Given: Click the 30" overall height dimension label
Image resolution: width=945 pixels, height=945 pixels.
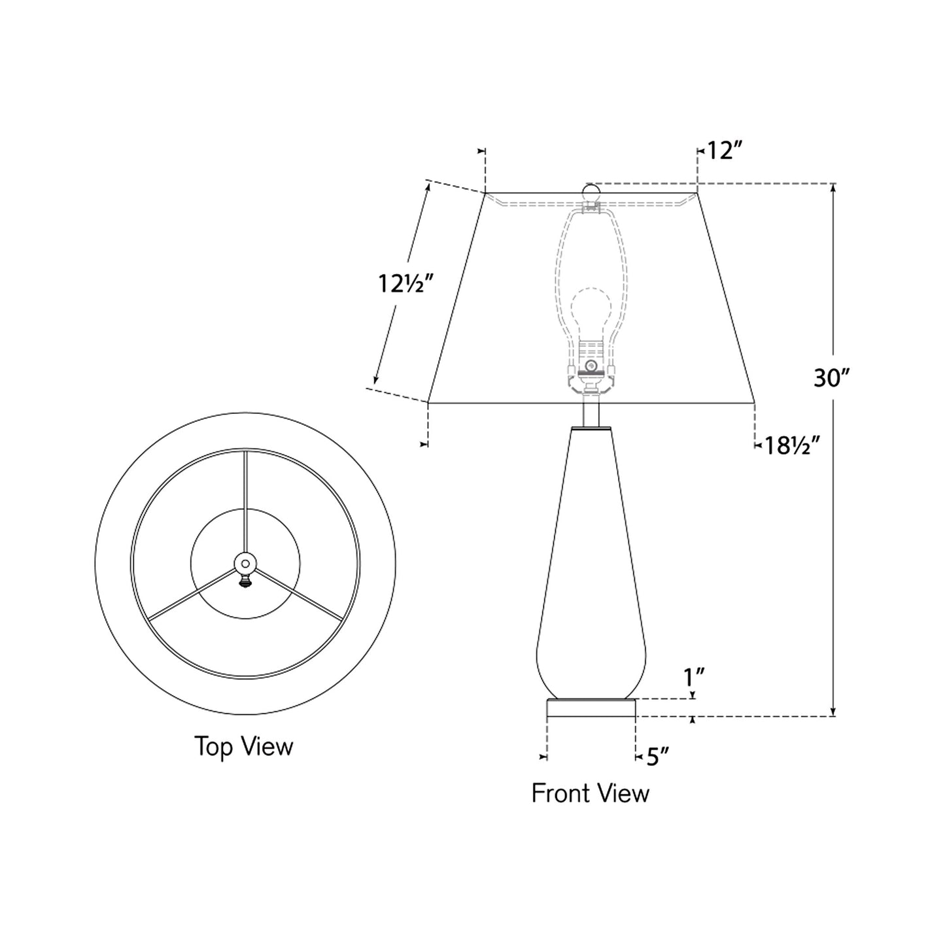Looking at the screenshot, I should pyautogui.click(x=831, y=377).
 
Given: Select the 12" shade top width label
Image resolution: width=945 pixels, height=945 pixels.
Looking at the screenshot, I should pyautogui.click(x=724, y=152).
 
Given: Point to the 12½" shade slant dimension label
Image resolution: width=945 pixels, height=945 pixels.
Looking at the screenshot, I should pyautogui.click(x=406, y=284).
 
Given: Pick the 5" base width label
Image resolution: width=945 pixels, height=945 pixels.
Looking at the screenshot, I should pyautogui.click(x=658, y=757).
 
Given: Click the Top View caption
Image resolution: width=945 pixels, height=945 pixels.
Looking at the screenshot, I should pyautogui.click(x=244, y=746).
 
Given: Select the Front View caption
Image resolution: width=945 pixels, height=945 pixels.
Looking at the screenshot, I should pyautogui.click(x=590, y=793).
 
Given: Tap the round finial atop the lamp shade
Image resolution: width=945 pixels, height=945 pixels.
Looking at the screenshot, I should pyautogui.click(x=591, y=192).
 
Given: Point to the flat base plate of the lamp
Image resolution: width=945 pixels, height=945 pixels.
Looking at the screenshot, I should pyautogui.click(x=591, y=708).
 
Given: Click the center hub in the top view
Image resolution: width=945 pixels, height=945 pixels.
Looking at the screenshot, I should pyautogui.click(x=245, y=562).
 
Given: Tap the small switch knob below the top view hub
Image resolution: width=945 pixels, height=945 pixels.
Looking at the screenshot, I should pyautogui.click(x=246, y=580).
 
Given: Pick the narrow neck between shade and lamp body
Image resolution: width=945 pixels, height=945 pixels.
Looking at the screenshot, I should pyautogui.click(x=591, y=413).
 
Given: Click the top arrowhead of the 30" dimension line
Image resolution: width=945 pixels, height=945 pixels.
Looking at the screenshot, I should pyautogui.click(x=833, y=188).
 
